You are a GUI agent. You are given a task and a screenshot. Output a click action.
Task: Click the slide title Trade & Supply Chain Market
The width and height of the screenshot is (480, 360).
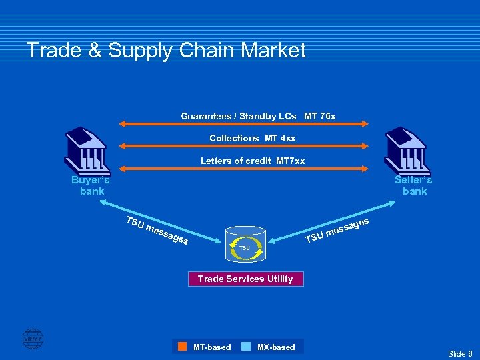pyautogui.click(x=166, y=51)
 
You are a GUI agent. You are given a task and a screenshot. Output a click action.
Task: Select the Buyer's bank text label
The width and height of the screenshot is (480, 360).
pyautogui.click(x=91, y=185)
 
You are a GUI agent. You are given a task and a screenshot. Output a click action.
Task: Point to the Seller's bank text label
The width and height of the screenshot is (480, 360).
pyautogui.click(x=414, y=185)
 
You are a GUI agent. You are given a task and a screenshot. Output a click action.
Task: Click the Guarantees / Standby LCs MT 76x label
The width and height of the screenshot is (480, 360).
pyautogui.click(x=258, y=117)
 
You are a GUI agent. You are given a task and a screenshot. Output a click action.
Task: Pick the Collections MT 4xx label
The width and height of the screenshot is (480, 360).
pyautogui.click(x=252, y=138)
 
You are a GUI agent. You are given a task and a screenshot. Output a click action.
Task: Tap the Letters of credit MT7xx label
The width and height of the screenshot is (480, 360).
pyautogui.click(x=253, y=161)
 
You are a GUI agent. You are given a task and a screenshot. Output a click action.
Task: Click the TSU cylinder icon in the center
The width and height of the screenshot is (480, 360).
pyautogui.click(x=245, y=247)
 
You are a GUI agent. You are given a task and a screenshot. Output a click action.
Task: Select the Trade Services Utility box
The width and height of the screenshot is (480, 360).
pyautogui.click(x=245, y=279)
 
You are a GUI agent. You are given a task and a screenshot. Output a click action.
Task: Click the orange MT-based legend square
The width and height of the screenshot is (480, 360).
pyautogui.click(x=182, y=347)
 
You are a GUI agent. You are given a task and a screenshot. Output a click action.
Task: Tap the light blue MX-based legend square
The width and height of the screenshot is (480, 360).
pyautogui.click(x=246, y=347)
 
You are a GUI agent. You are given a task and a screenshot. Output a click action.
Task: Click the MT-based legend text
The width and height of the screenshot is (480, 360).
pyautogui.click(x=212, y=347)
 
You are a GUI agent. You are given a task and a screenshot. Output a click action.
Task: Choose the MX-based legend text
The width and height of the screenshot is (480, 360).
pyautogui.click(x=276, y=347)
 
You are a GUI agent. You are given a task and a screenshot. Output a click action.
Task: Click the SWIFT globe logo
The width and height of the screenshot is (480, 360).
pyautogui.click(x=32, y=339)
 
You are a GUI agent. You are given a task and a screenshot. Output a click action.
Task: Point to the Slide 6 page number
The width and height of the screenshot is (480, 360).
pyautogui.click(x=460, y=353)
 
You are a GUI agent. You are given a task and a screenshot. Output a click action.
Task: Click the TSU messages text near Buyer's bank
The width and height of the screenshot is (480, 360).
pyautogui.click(x=157, y=231)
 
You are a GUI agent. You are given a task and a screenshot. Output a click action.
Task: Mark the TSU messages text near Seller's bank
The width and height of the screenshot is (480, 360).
pyautogui.click(x=336, y=230)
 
